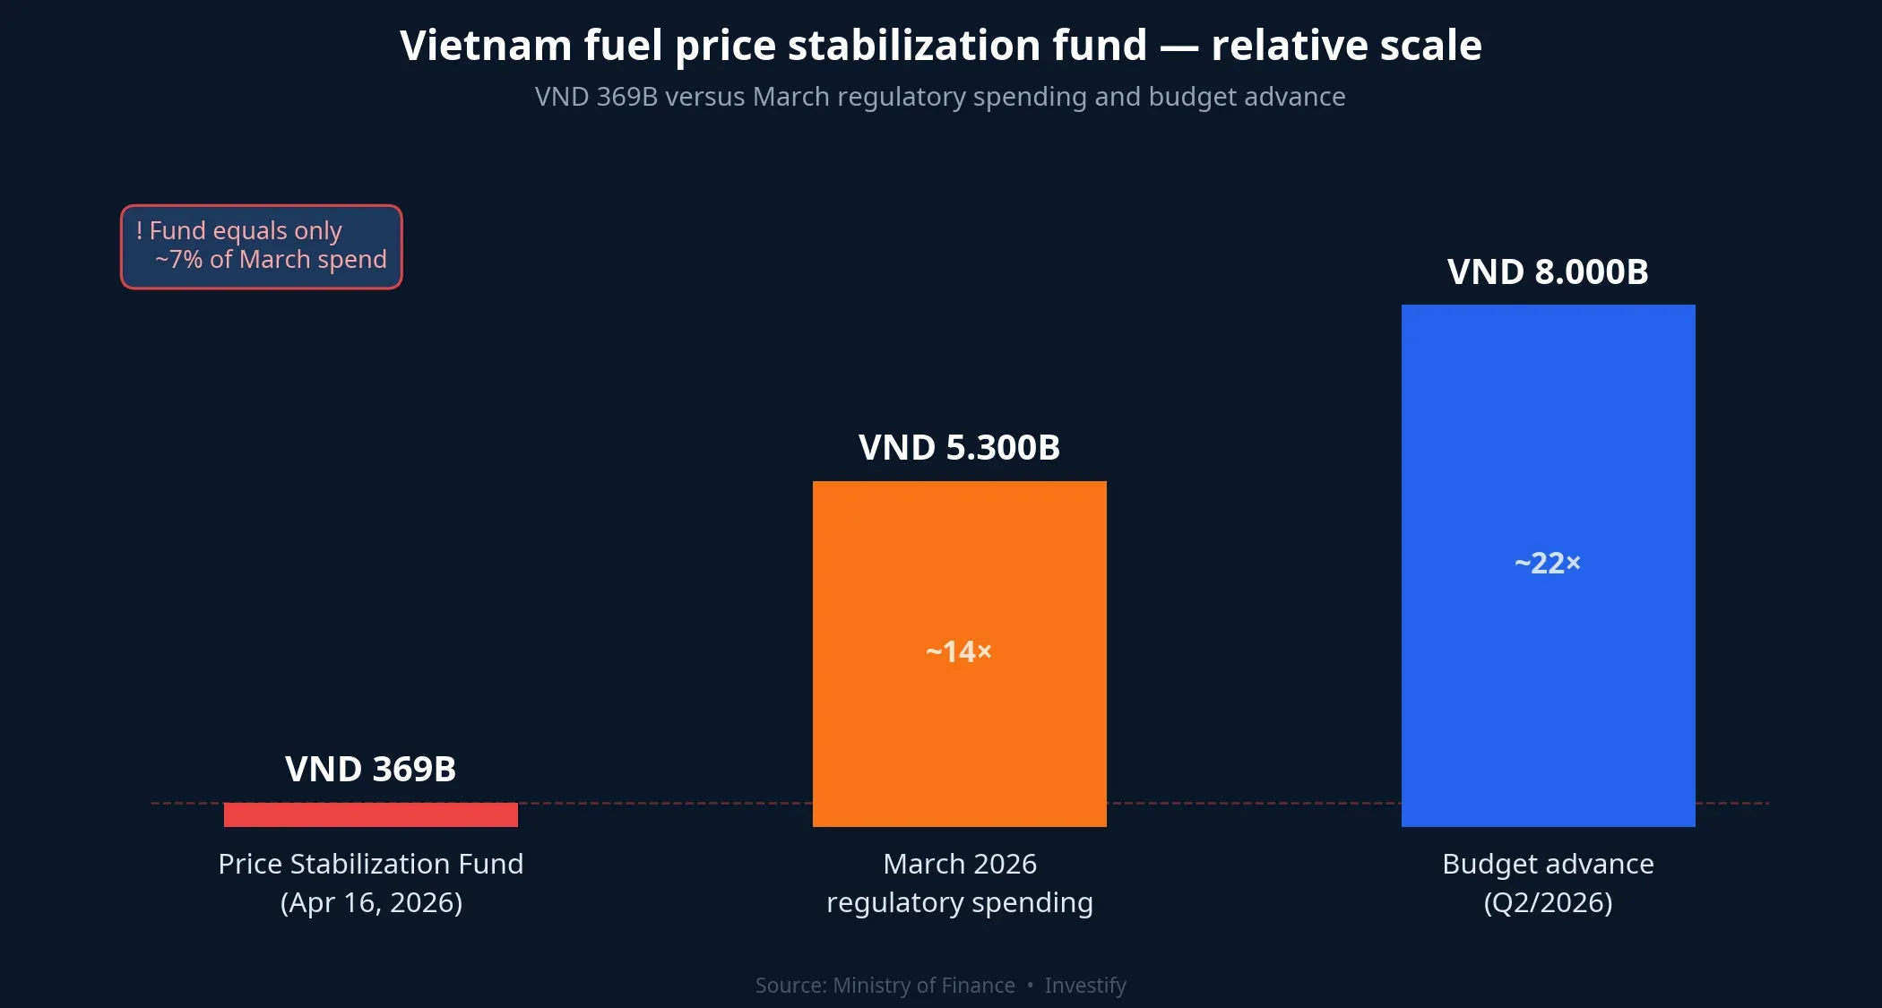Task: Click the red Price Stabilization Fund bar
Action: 370,814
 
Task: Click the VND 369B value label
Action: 370,769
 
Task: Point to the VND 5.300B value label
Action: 959,447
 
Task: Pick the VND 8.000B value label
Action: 1548,271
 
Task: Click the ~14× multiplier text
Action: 959,651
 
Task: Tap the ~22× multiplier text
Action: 1548,563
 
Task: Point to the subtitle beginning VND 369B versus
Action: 940,97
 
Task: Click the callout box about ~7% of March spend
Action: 262,246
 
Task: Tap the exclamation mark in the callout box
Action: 140,231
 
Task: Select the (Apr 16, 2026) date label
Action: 371,902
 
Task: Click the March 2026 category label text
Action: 959,864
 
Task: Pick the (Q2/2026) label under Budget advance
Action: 1548,902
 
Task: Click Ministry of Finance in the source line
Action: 923,986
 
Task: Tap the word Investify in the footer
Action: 1085,986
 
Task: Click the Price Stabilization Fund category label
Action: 370,864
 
